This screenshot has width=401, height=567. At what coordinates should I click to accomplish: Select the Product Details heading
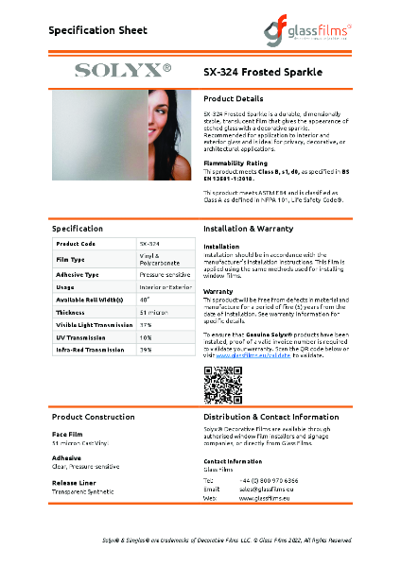(x=233, y=98)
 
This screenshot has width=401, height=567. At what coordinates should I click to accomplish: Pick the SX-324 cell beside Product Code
(x=150, y=244)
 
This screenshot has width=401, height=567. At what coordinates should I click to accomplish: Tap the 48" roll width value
(x=146, y=300)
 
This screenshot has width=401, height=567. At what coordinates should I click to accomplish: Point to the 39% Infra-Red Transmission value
(x=146, y=349)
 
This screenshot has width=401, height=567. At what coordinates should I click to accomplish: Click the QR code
(x=224, y=387)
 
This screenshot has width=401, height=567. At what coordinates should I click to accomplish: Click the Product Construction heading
(x=93, y=417)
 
